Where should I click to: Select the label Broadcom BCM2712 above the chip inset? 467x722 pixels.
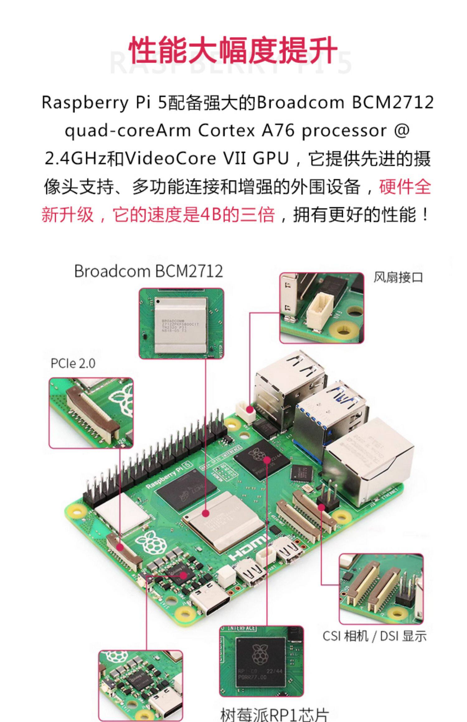pyautogui.click(x=149, y=271)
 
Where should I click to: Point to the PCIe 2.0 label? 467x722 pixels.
pyautogui.click(x=73, y=363)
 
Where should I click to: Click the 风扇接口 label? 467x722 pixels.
pyautogui.click(x=398, y=277)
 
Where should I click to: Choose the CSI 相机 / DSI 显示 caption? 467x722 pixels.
pyautogui.click(x=374, y=636)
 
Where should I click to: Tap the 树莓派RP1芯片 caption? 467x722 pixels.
pyautogui.click(x=274, y=714)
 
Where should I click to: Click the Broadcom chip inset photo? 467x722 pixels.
pyautogui.click(x=181, y=323)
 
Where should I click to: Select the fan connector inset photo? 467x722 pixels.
pyautogui.click(x=322, y=308)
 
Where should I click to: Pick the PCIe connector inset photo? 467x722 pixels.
pyautogui.click(x=91, y=413)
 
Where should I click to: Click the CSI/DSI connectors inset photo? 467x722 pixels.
pyautogui.click(x=381, y=589)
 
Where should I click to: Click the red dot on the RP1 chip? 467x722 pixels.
pyautogui.click(x=267, y=460)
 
